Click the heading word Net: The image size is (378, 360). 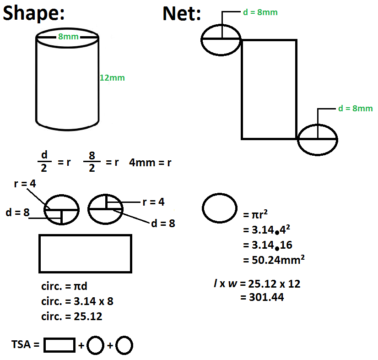click(181, 15)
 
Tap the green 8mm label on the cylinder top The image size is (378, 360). click(67, 37)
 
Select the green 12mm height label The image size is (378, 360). click(112, 78)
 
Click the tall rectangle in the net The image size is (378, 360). click(269, 89)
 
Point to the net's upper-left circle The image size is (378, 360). click(221, 40)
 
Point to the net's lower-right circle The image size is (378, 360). click(318, 138)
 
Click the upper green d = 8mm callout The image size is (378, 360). click(260, 12)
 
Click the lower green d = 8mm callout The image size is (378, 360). click(355, 109)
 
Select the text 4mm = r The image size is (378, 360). click(150, 163)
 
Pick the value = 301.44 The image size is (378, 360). click(262, 297)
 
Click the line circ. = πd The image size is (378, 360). click(64, 287)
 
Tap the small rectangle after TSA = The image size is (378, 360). click(59, 345)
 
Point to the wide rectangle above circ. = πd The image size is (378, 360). click(85, 254)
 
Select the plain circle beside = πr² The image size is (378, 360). click(220, 208)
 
